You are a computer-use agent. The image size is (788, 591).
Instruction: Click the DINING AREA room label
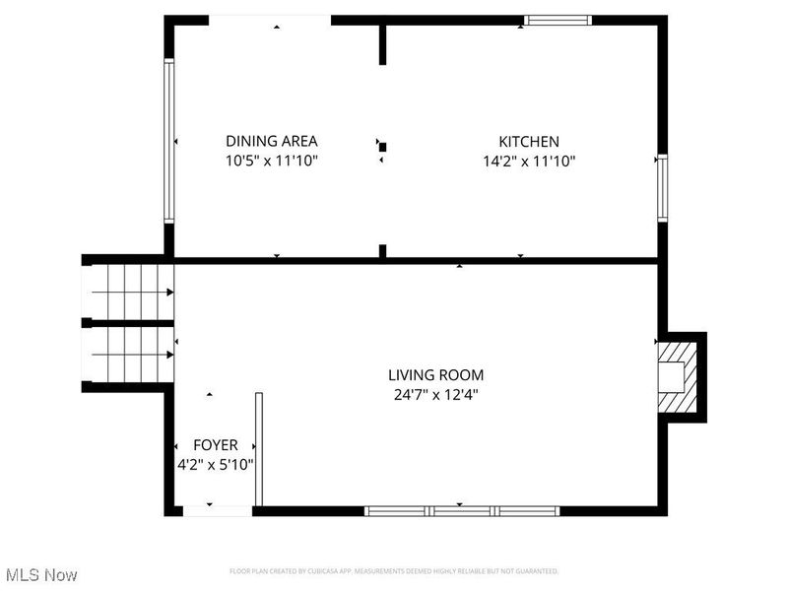point(271,141)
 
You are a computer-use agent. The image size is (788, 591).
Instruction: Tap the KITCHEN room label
point(528,142)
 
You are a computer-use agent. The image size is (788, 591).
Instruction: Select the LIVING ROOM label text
point(435,375)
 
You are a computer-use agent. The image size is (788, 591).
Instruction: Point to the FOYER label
point(214,445)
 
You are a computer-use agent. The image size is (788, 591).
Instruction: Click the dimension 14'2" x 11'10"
point(528,161)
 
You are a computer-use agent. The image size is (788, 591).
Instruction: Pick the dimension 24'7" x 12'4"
point(435,394)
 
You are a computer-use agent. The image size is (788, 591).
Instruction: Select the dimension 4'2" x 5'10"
point(214,464)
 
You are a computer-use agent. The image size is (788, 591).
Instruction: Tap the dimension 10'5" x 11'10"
point(271,160)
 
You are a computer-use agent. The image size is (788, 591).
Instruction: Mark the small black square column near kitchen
point(383,148)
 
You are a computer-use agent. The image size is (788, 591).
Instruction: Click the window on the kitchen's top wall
point(558,19)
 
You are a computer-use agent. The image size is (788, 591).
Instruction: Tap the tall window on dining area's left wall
point(168,141)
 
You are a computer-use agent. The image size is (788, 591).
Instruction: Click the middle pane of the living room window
point(462,510)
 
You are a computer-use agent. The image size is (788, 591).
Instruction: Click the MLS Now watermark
point(41,574)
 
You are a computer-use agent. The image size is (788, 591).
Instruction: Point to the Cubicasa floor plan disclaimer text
point(394,571)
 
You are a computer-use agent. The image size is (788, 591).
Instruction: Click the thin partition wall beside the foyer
point(259,449)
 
